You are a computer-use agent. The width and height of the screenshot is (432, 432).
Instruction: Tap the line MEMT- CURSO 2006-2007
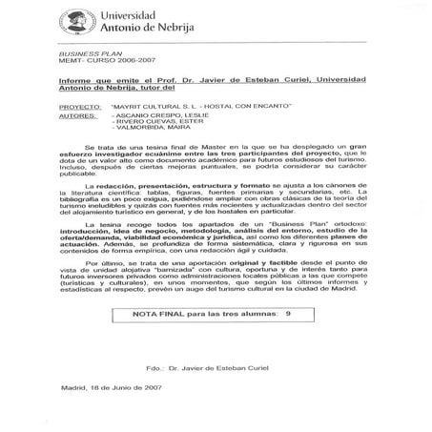93,65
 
